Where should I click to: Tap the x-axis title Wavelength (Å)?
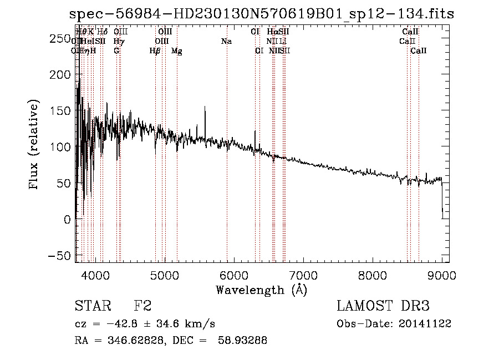tap(261, 290)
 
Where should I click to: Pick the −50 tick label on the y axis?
tap(59, 256)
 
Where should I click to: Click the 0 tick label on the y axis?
tap(67, 220)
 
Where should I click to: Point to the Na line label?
tap(226, 41)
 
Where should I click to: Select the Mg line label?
tap(177, 51)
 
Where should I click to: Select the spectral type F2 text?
tap(143, 306)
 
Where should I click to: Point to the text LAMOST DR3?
tap(383, 306)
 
